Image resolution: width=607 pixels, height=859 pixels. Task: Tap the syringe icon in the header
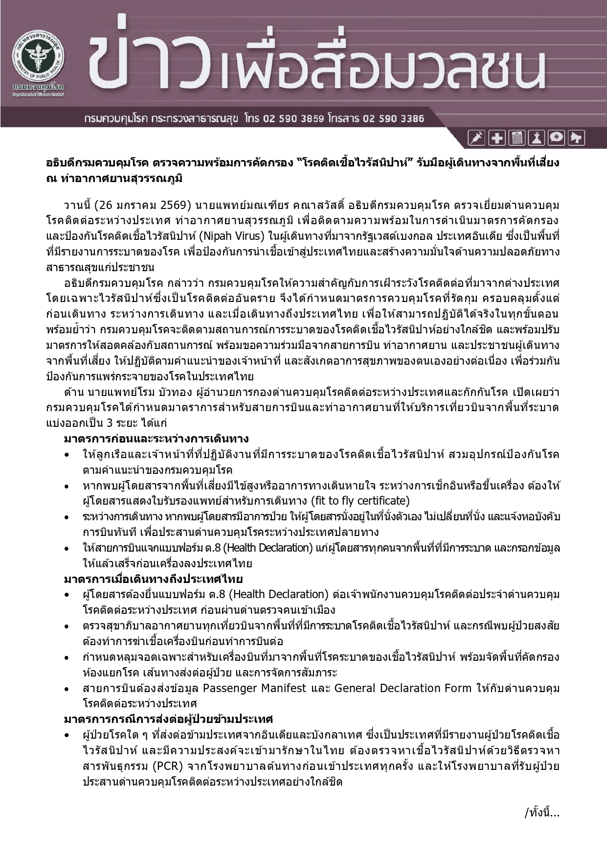click(476, 139)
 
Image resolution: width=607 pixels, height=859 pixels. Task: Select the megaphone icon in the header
click(576, 139)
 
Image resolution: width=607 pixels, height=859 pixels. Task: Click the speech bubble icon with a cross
click(556, 139)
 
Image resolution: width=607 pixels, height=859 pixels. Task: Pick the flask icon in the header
click(536, 139)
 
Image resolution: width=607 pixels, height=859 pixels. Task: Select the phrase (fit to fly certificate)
click(360, 501)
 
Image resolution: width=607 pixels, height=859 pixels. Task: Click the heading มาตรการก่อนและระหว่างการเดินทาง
click(157, 439)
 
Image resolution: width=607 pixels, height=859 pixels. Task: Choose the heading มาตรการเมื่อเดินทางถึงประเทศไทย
click(153, 579)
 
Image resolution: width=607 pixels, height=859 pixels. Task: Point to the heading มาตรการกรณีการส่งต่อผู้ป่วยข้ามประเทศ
click(168, 719)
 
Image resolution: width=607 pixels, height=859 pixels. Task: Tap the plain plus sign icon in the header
click(496, 139)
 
